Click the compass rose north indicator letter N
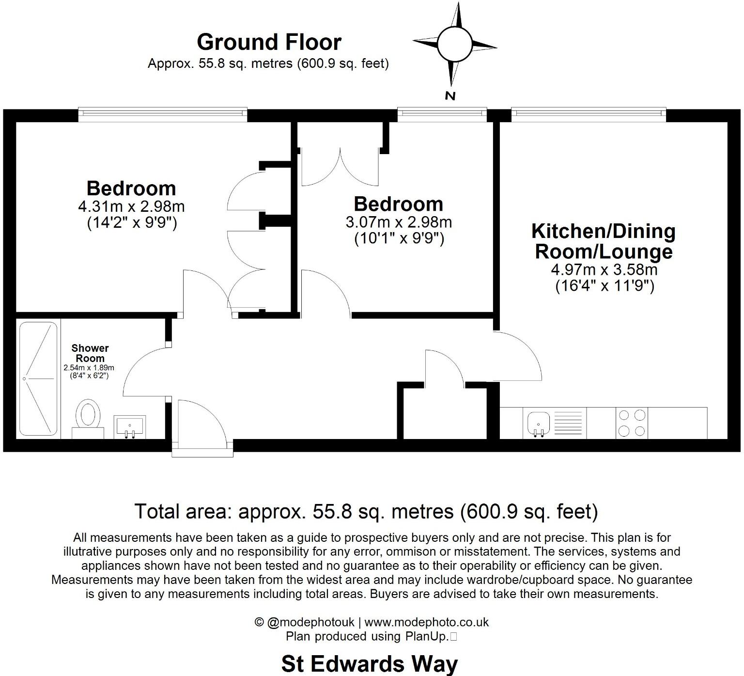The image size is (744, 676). (450, 96)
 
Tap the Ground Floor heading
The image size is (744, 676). (269, 42)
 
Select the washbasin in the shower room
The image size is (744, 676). (129, 426)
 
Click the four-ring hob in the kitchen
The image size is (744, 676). (632, 423)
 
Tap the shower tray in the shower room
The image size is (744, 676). (38, 378)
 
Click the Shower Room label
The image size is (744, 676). (90, 353)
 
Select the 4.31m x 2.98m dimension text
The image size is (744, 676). (131, 206)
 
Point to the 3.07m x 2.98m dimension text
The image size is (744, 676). (399, 222)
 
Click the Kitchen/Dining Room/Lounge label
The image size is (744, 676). (604, 241)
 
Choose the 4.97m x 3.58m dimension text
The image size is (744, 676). (604, 269)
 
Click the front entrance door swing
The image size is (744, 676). (201, 422)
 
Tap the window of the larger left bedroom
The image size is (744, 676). (162, 113)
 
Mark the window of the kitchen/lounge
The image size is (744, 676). (588, 113)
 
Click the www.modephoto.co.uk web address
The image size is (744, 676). (426, 622)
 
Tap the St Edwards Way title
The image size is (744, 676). (369, 663)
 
